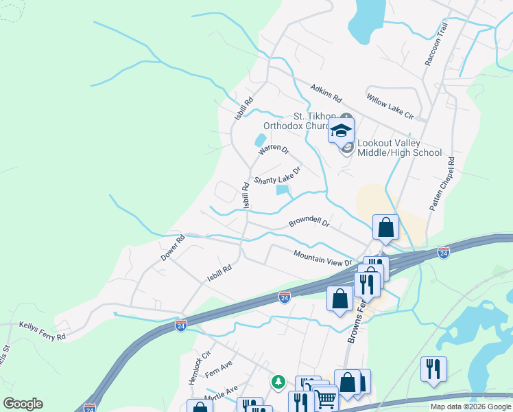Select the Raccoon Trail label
click(x=436, y=44)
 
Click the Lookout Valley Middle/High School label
click(x=398, y=147)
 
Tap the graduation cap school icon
click(x=341, y=131)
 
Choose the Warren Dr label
click(x=274, y=148)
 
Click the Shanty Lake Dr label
click(x=278, y=176)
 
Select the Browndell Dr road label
click(x=309, y=223)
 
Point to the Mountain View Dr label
click(x=322, y=257)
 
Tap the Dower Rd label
click(x=173, y=248)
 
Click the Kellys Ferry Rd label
click(x=43, y=332)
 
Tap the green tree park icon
click(x=278, y=380)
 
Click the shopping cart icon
click(x=326, y=398)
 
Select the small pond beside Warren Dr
click(x=261, y=140)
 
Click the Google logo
click(x=23, y=404)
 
